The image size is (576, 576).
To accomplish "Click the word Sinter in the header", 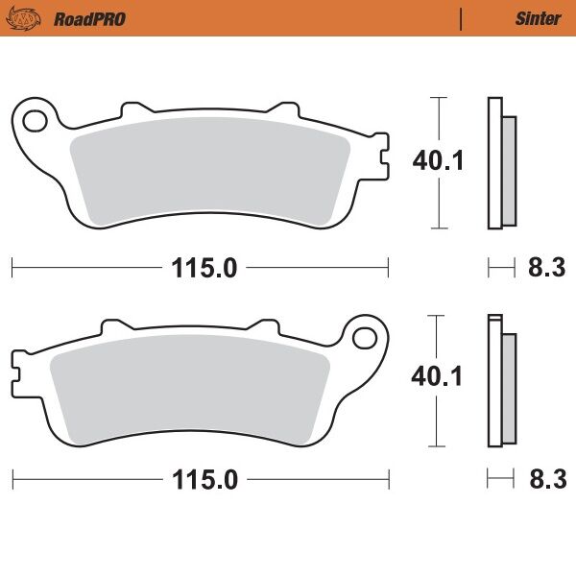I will click(539, 18).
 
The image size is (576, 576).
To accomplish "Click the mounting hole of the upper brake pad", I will click(36, 121).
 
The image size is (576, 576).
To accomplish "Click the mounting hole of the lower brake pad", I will click(365, 338).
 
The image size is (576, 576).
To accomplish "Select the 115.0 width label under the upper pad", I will click(204, 268).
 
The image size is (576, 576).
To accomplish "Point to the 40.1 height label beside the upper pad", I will click(438, 160).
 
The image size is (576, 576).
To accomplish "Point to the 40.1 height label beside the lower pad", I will click(438, 376).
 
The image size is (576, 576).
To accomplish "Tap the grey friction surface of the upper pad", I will click(211, 173).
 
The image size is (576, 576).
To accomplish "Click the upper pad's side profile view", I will click(500, 163).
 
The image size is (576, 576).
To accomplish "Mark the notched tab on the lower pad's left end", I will click(18, 366).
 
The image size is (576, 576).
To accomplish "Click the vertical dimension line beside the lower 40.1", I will click(438, 422).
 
